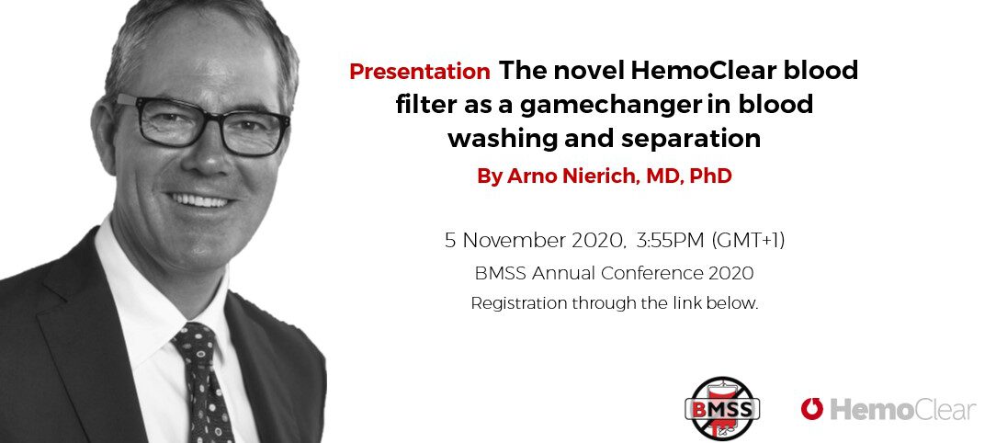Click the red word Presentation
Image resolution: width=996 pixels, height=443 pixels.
click(x=419, y=71)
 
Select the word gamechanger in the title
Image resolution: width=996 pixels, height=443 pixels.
click(x=607, y=104)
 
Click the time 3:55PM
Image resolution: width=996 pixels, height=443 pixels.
click(x=667, y=241)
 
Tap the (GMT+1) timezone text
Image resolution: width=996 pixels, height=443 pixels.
click(x=748, y=241)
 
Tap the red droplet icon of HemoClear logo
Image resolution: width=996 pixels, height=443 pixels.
click(x=812, y=409)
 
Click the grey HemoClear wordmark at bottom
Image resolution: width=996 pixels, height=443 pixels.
click(x=902, y=410)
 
